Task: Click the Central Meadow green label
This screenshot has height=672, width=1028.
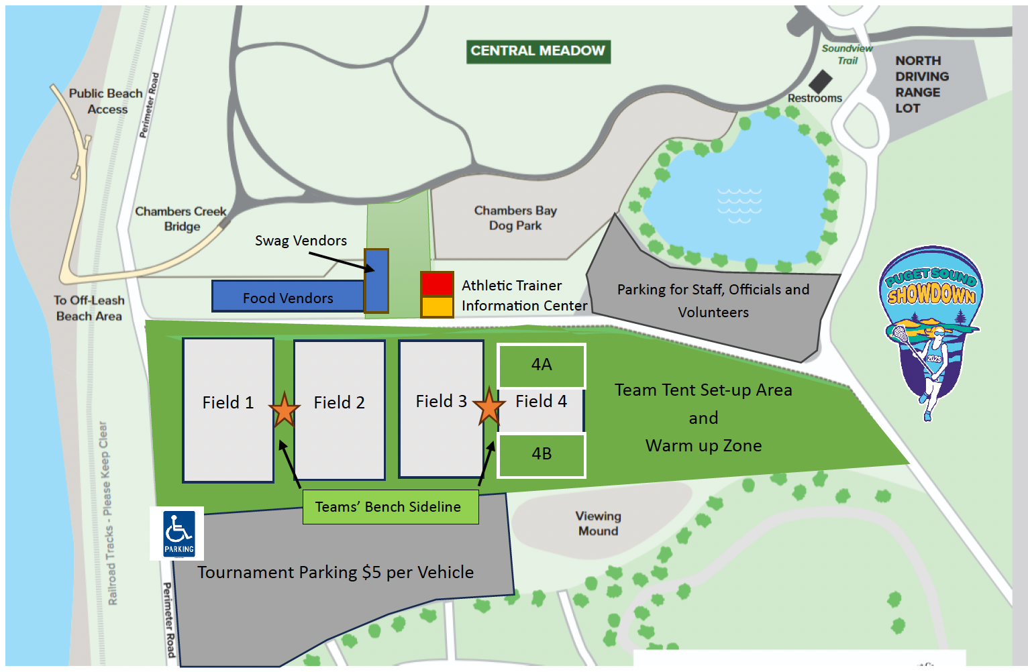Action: (x=538, y=51)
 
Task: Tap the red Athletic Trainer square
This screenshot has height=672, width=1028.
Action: (x=437, y=284)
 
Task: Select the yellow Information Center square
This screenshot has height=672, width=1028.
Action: (x=437, y=306)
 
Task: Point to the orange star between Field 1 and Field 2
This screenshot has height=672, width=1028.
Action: (x=285, y=410)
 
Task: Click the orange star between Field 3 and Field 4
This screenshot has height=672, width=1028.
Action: (x=489, y=406)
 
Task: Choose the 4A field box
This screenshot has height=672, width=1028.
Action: (x=542, y=365)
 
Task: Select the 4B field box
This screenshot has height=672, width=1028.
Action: (x=542, y=455)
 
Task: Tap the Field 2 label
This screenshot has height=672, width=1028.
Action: (x=340, y=402)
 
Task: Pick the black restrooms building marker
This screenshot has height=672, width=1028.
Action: (x=820, y=82)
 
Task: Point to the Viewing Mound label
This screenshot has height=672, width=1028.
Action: (x=599, y=524)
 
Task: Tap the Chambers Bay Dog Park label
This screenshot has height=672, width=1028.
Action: (x=515, y=218)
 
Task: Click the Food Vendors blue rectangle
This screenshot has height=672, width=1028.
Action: (x=288, y=297)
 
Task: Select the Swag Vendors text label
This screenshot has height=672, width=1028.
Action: (x=301, y=241)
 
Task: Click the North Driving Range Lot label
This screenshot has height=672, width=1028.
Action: (x=921, y=85)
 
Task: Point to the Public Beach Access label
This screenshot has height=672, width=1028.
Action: (x=106, y=101)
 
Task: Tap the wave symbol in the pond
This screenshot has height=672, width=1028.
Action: (x=739, y=205)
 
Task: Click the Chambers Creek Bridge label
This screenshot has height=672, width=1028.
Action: (x=181, y=219)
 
